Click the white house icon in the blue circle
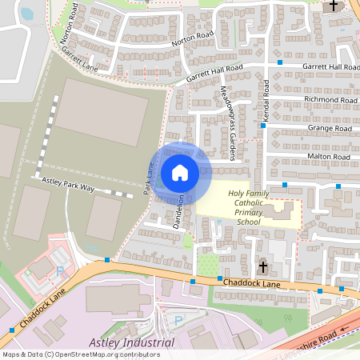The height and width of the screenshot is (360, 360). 180,172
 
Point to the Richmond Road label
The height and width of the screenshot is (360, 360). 330,100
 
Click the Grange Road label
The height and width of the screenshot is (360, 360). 330,128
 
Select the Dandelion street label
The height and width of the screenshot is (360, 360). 180,212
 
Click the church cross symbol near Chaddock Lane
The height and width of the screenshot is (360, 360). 262,266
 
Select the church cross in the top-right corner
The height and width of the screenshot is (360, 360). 334,6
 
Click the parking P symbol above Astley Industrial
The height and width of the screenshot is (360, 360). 178,319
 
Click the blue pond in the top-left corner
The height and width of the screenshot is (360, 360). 26,13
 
